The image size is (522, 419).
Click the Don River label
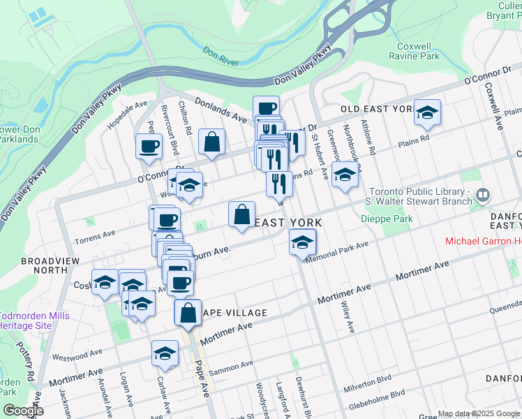point(221,51)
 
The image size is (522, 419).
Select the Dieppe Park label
point(387,219)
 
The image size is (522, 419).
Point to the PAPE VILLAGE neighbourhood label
point(233,313)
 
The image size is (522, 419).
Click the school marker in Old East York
point(427,112)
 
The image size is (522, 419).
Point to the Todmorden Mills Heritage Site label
point(33,321)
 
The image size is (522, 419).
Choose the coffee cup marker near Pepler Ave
point(148,147)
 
